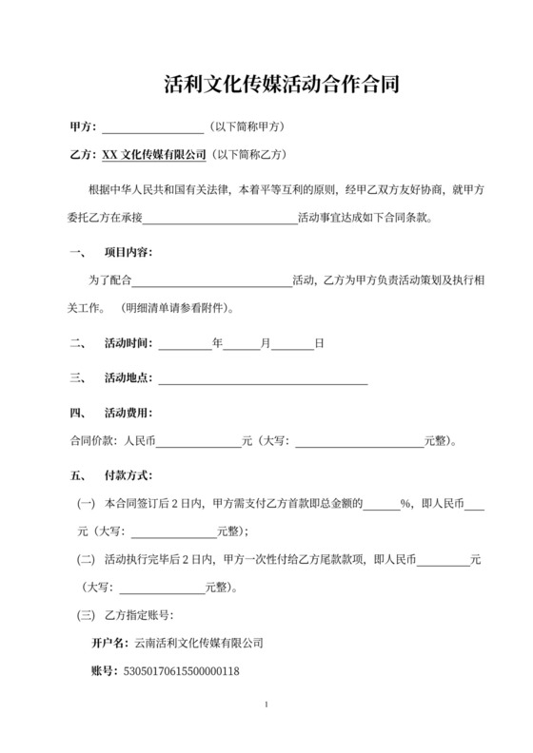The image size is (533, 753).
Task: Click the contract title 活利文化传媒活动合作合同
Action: click(x=266, y=85)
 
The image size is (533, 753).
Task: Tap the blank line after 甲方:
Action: click(x=152, y=127)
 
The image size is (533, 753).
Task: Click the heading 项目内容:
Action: click(x=128, y=253)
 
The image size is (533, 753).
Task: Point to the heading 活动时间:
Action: click(x=128, y=342)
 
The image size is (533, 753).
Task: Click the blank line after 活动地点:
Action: click(x=263, y=377)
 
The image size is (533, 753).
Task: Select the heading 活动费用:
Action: click(x=128, y=413)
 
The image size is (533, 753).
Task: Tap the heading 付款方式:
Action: click(x=128, y=474)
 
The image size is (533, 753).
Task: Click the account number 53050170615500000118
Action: click(x=176, y=671)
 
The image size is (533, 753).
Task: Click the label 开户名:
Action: click(x=108, y=644)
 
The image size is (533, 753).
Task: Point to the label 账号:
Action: click(x=101, y=671)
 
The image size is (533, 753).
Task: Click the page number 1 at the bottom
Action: click(x=266, y=705)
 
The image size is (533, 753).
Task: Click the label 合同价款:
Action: click(x=92, y=440)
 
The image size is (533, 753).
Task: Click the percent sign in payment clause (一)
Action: click(x=405, y=504)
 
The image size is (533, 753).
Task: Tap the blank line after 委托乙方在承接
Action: click(x=220, y=217)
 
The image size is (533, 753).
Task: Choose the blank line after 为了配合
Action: click(x=210, y=280)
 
